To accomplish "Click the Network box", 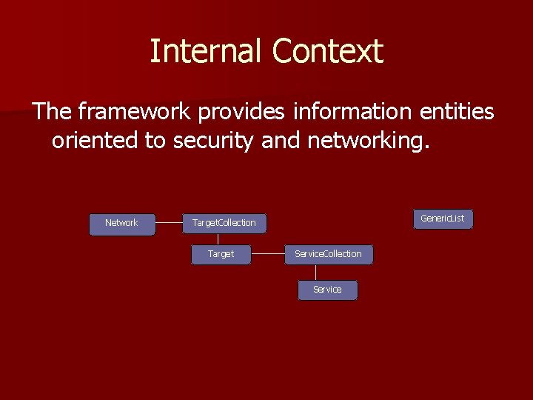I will click(122, 224).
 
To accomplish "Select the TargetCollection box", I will click(224, 224).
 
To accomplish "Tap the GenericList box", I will click(443, 219).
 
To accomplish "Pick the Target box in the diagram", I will click(221, 254).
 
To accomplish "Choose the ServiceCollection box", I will click(329, 254).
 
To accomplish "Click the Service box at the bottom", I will click(327, 290).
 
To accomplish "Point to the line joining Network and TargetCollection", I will click(169, 222).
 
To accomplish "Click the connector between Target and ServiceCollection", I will click(268, 254).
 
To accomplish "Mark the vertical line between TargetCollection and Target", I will click(218, 239).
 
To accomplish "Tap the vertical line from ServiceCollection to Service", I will click(316, 273).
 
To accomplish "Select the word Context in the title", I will click(327, 52).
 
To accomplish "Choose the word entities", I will click(457, 112).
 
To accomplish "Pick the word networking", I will click(362, 141).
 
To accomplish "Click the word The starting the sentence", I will click(52, 112).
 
